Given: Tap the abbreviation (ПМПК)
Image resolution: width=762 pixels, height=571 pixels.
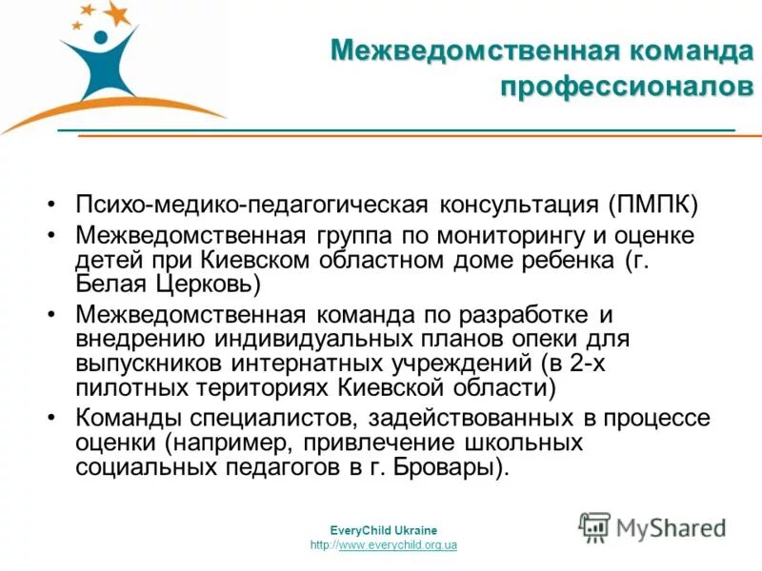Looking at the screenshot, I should point(654,205).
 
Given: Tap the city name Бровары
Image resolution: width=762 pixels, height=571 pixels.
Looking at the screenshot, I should point(451,467).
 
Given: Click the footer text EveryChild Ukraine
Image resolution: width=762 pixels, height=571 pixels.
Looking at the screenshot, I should point(383,530).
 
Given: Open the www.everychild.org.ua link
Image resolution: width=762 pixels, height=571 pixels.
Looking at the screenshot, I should point(398,544).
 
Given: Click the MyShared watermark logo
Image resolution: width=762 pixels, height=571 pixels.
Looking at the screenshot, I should point(652,526).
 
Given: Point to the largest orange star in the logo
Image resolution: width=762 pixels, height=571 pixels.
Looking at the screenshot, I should point(117,12).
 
